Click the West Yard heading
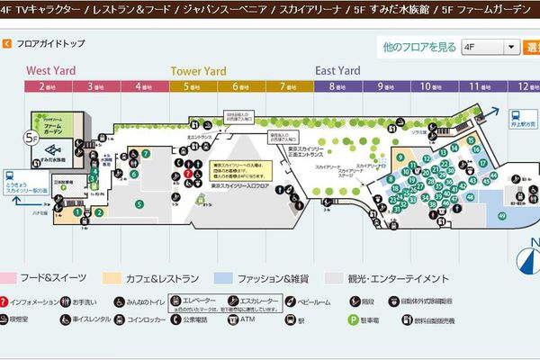pos(50,71)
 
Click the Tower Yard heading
pos(198,71)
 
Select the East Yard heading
pos(337,71)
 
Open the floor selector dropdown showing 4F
pos(489,47)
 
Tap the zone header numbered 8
pos(336,86)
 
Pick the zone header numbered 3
pos(94,86)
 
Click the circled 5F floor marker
pos(31,139)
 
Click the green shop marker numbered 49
pos(501,214)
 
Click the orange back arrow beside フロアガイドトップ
pos(7,43)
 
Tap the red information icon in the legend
pos(6,301)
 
